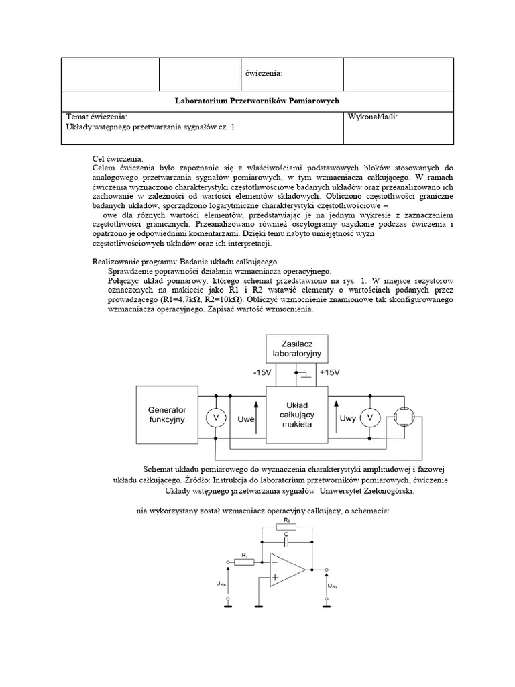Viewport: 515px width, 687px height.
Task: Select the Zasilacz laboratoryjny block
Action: [296, 347]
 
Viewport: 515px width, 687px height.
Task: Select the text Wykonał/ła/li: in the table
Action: [374, 117]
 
